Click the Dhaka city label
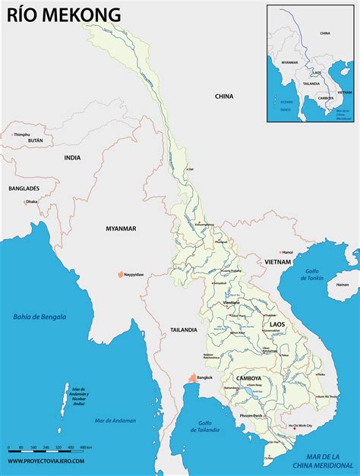tap(32, 202)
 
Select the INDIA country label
tap(72, 158)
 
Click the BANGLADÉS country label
tap(24, 188)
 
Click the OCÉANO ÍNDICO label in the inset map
tap(285, 103)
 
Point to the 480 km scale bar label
tap(86, 447)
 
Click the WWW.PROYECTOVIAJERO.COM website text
tap(47, 460)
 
